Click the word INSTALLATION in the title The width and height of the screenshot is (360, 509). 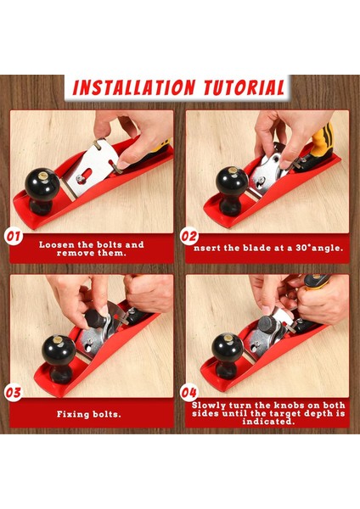pos(134,87)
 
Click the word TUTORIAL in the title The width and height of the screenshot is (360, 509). pos(245,87)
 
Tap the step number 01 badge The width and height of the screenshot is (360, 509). pos(14,237)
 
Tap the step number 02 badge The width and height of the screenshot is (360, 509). pos(189,237)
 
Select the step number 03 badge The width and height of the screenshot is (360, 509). pos(14,393)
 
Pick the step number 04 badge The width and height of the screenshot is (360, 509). pos(189,393)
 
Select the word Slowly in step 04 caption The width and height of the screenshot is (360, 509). pos(209,406)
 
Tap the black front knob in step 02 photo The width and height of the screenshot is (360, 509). pos(232,191)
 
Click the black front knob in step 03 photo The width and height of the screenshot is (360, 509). pos(59,359)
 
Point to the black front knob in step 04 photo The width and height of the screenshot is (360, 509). pos(228,356)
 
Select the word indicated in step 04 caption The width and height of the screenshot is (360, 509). pos(268,422)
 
